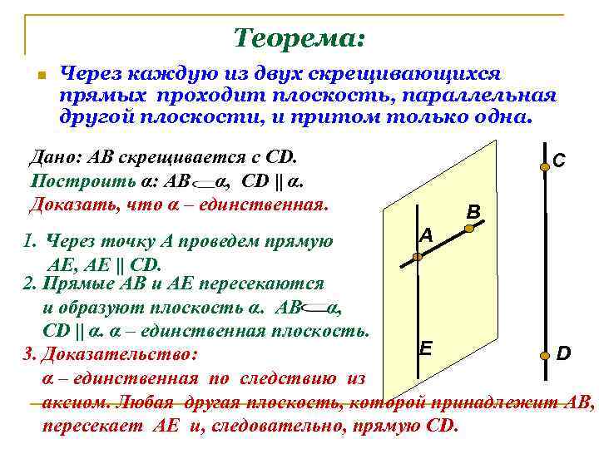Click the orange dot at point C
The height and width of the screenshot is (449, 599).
(x=544, y=167)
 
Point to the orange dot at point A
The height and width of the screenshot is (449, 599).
(x=418, y=257)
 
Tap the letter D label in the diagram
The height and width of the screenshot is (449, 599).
(x=563, y=355)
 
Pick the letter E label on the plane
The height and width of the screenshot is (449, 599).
(x=425, y=347)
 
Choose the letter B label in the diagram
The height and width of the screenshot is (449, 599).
(x=473, y=212)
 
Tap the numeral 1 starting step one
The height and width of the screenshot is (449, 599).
(x=28, y=242)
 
